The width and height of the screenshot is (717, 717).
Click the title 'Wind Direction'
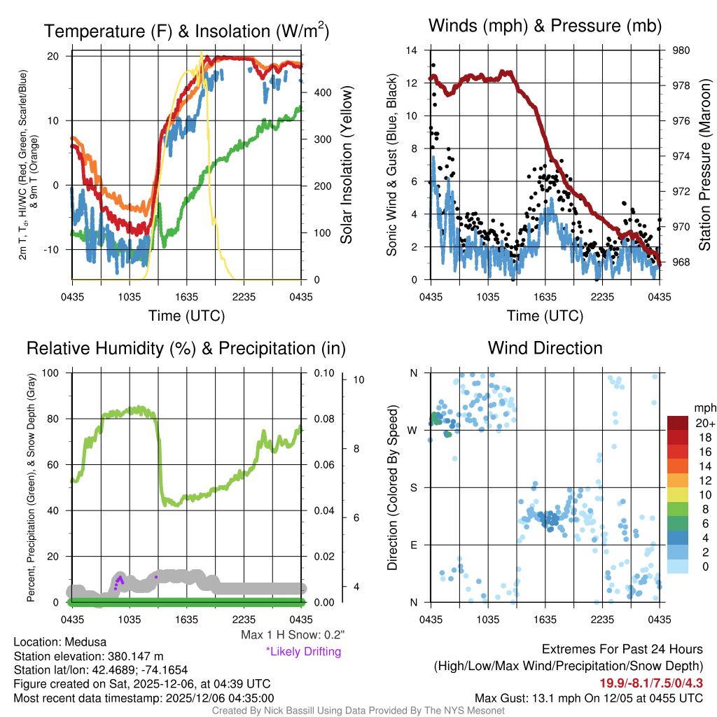pos(545,348)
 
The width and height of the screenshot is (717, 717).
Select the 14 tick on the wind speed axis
pos(412,50)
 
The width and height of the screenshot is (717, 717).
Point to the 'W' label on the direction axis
pos(414,430)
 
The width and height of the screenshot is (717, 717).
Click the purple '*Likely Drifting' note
pos(303,652)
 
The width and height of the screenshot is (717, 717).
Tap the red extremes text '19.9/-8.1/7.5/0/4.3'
pos(650,683)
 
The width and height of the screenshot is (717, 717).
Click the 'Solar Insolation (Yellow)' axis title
pos(346,165)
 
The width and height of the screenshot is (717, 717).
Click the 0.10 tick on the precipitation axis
pos(323,373)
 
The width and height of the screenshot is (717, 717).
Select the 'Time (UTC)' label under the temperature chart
pos(186,316)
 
